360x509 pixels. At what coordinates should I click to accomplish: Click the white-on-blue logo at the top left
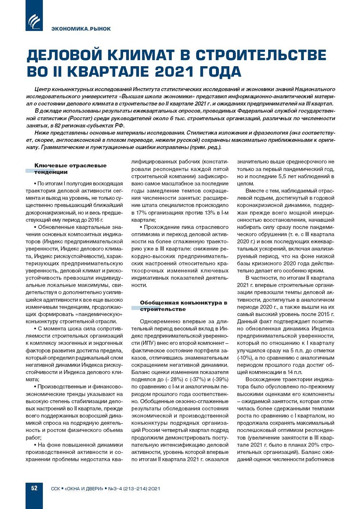click(x=34, y=21)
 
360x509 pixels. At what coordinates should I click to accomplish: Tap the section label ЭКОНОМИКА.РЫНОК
click(x=81, y=29)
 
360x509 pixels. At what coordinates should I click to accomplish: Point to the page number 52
click(x=34, y=488)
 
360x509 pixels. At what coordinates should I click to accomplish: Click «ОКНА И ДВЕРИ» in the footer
click(x=84, y=488)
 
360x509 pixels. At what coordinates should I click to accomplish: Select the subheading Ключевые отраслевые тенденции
click(x=70, y=169)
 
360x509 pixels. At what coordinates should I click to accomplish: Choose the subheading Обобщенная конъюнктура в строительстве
click(x=183, y=306)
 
